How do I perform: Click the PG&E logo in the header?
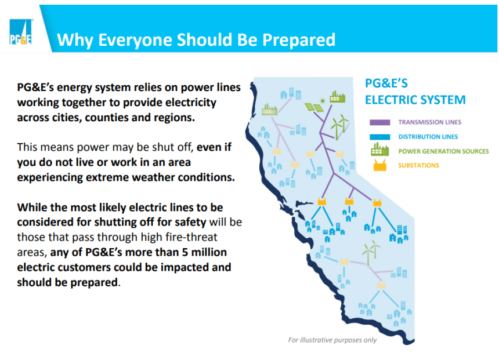(x=21, y=32)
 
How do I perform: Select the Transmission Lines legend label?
(x=429, y=122)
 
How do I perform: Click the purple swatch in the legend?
(x=379, y=122)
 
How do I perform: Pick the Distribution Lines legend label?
(x=428, y=137)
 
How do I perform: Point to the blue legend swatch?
(x=379, y=137)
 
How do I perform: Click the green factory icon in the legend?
(x=379, y=150)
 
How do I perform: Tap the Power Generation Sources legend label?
(x=443, y=151)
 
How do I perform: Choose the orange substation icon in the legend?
(x=379, y=165)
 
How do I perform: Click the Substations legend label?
(x=418, y=165)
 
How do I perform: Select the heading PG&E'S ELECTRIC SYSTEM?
(x=415, y=92)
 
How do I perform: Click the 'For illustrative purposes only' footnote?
(x=332, y=340)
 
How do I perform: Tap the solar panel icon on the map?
(x=314, y=107)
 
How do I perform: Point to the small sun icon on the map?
(x=323, y=101)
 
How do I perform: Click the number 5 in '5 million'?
(x=185, y=253)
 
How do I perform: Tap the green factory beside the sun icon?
(x=337, y=97)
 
